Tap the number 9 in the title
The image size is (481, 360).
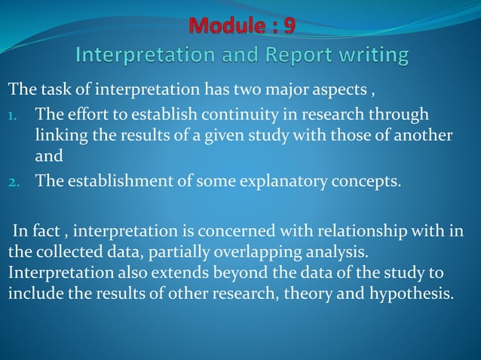click(288, 26)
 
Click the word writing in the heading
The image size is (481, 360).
click(375, 56)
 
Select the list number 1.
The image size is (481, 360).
click(13, 114)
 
